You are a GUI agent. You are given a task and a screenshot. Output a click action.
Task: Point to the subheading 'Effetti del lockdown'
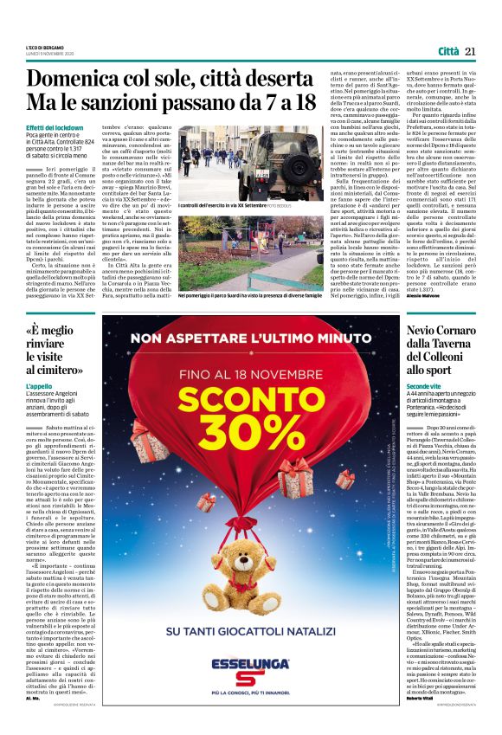(x=55, y=127)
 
